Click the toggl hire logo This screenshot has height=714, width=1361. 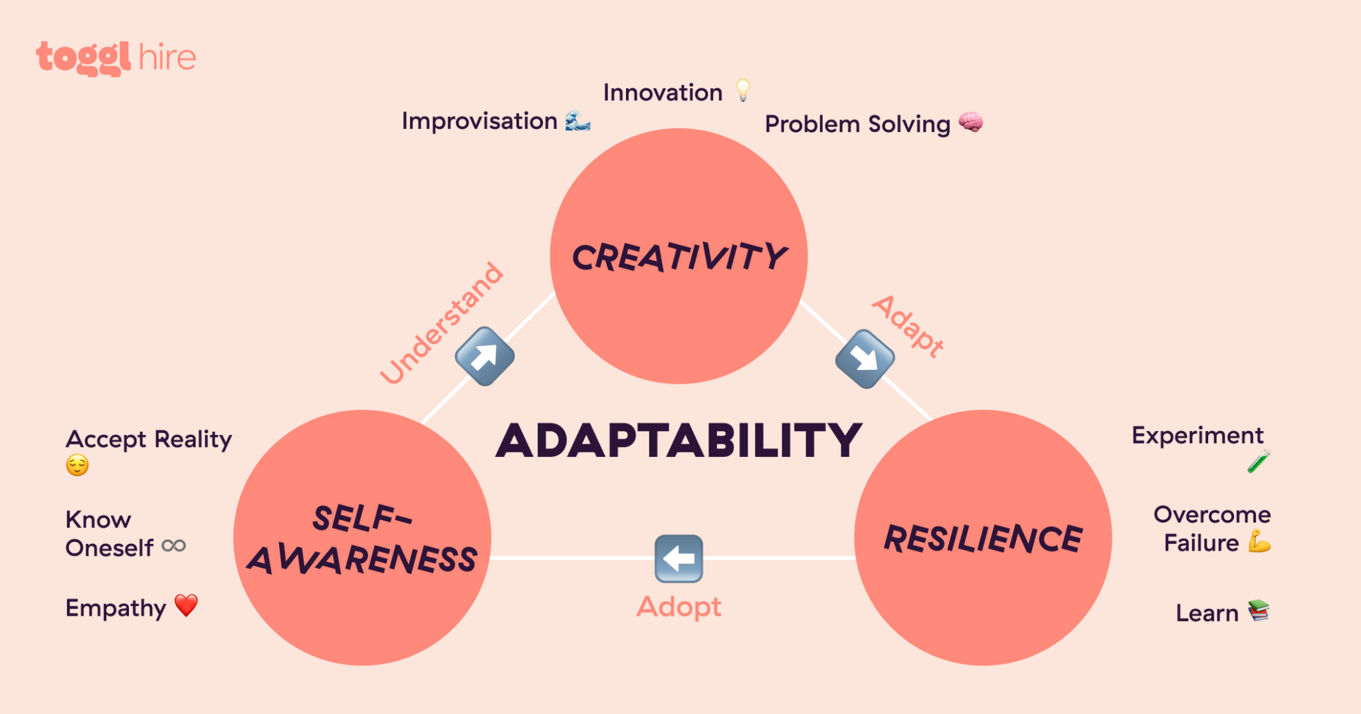(x=116, y=58)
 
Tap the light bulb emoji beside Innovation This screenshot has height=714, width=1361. (x=743, y=90)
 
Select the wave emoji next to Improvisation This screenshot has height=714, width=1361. (x=577, y=121)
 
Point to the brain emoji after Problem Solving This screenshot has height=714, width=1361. (x=970, y=123)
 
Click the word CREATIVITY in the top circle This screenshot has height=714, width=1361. (x=679, y=257)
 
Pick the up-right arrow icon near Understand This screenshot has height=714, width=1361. (x=484, y=356)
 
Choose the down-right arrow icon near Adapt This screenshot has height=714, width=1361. (x=865, y=359)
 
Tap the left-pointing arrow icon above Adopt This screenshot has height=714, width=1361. (x=679, y=559)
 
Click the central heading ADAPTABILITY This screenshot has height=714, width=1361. (x=679, y=440)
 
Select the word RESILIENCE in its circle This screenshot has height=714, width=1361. (x=983, y=538)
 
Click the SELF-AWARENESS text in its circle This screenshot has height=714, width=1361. (x=363, y=539)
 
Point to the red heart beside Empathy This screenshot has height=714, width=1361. (x=186, y=605)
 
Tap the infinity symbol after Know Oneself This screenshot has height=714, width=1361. (x=174, y=546)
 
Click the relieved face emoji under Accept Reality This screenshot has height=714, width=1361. (x=77, y=465)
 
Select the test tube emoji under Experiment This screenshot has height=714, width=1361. (x=1259, y=461)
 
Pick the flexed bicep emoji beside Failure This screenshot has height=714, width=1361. (x=1259, y=541)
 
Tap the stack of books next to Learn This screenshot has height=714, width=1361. (x=1259, y=610)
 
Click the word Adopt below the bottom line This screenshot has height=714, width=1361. (x=679, y=606)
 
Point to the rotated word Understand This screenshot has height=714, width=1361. (x=442, y=323)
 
